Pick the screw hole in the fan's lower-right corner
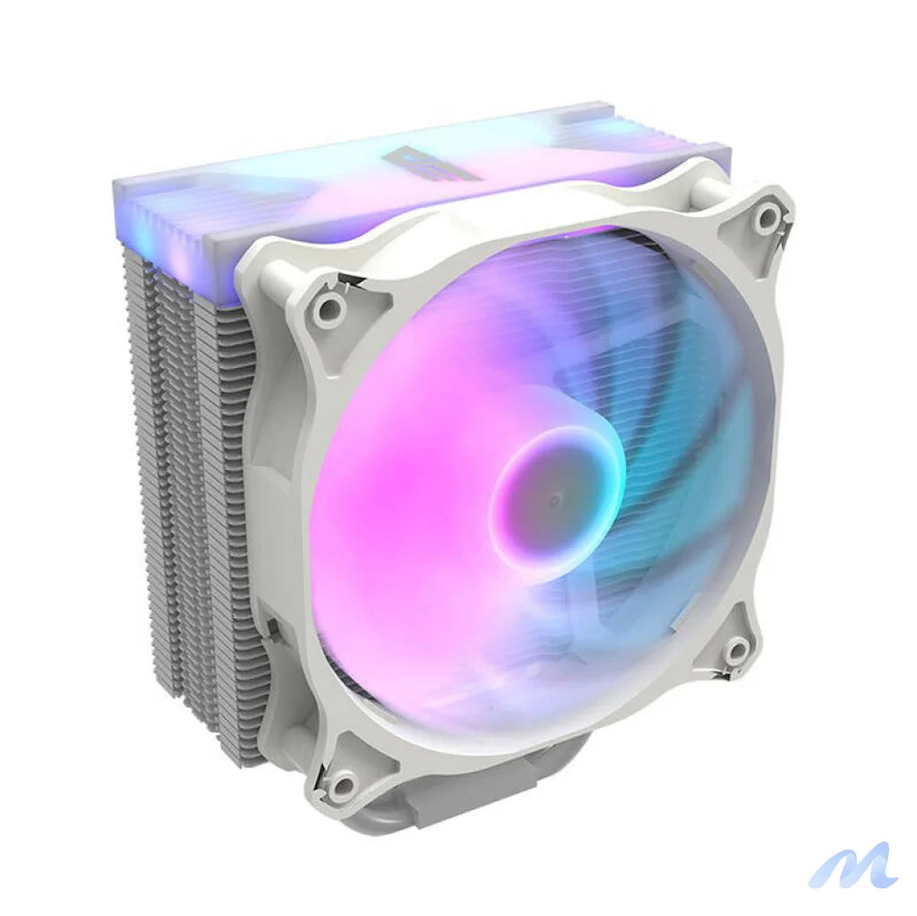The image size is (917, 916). point(736,651)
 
